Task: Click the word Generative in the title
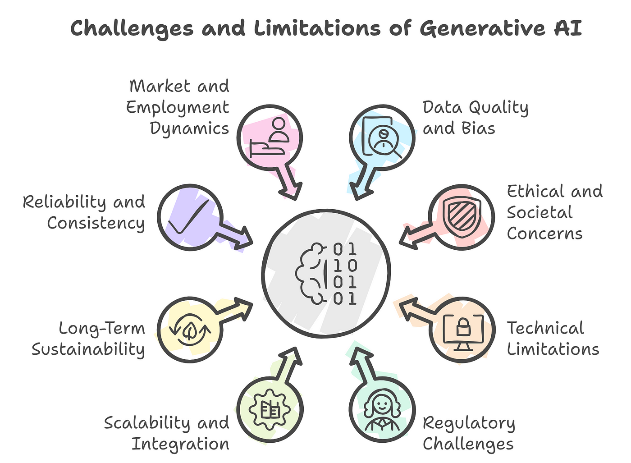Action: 483,29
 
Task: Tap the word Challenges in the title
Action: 132,29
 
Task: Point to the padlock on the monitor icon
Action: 463,327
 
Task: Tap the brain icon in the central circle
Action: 311,274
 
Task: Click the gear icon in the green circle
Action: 270,409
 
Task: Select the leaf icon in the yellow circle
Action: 189,330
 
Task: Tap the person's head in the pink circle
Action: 279,124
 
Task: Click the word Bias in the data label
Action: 478,128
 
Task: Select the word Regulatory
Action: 469,424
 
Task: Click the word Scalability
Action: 147,423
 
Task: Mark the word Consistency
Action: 96,224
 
